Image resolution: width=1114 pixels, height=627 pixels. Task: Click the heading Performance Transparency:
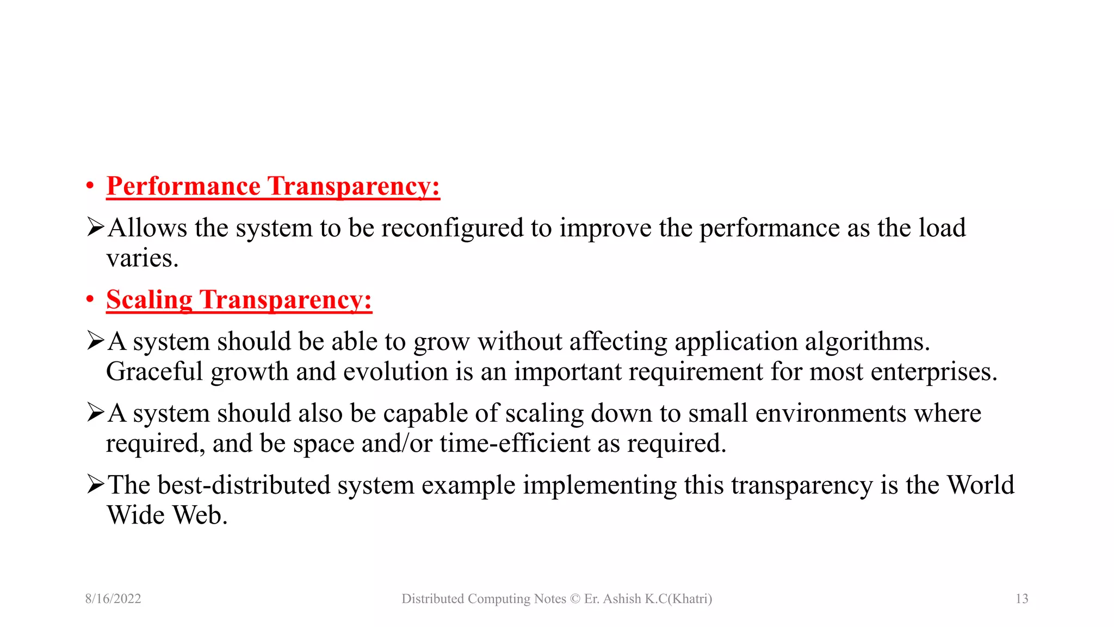[x=273, y=186]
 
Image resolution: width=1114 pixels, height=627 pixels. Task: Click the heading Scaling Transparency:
[x=239, y=300]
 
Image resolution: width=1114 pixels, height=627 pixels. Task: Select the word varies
[x=142, y=258]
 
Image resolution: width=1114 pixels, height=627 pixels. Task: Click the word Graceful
[x=154, y=372]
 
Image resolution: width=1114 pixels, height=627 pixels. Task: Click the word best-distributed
[x=244, y=485]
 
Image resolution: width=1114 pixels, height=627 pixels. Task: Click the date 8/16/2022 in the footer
[x=113, y=599]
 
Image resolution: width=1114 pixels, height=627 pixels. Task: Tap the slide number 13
[x=1022, y=599]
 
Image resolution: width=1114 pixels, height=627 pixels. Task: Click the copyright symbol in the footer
[x=575, y=599]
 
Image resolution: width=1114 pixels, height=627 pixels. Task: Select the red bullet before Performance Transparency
[x=90, y=186]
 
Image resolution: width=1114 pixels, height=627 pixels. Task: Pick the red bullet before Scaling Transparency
[x=90, y=300]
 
